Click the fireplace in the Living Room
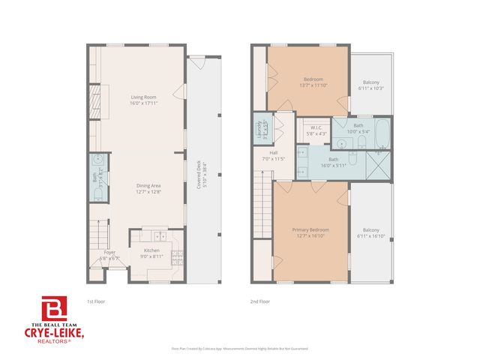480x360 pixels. click(x=94, y=99)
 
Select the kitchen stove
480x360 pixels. click(x=177, y=259)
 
